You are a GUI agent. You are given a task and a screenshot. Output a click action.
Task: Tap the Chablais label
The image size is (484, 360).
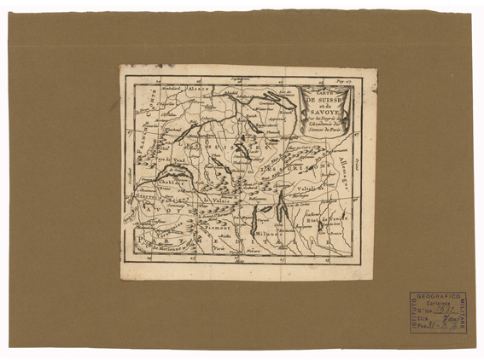click(x=167, y=181)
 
